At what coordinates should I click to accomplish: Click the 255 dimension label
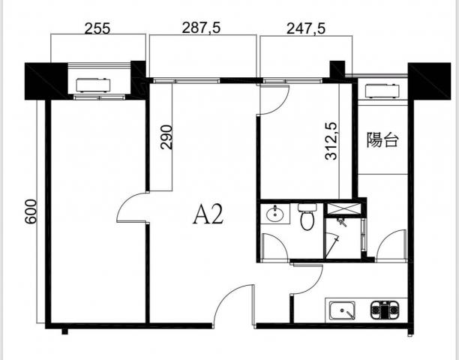click(97, 28)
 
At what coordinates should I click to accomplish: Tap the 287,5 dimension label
click(201, 28)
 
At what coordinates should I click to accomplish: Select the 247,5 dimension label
click(306, 28)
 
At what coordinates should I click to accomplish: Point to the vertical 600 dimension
click(31, 211)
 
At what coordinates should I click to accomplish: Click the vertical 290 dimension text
click(166, 137)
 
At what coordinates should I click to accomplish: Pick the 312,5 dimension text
click(331, 141)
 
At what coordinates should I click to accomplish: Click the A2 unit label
click(208, 214)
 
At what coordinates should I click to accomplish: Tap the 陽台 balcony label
click(382, 139)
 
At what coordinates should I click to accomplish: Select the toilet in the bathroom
click(307, 217)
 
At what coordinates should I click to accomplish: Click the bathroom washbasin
click(274, 214)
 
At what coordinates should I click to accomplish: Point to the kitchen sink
click(342, 310)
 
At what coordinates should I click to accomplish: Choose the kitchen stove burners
click(385, 310)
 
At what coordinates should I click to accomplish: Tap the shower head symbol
click(341, 221)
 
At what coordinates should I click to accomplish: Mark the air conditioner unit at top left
click(94, 85)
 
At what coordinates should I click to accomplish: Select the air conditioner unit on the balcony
click(382, 91)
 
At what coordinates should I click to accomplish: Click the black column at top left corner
click(46, 81)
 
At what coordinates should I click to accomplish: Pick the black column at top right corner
click(430, 81)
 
